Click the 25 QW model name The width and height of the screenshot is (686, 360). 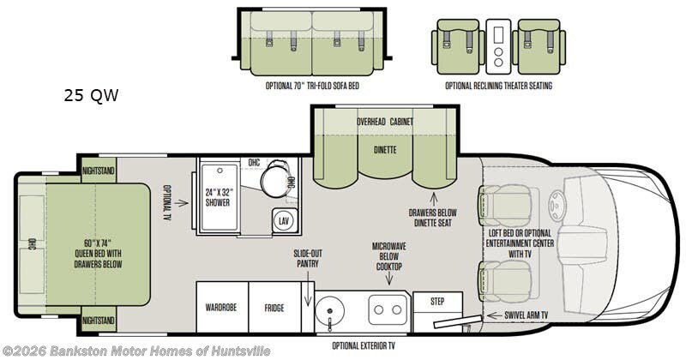click(91, 95)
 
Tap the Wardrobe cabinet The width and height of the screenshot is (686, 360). click(222, 307)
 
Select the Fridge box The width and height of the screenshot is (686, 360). click(274, 307)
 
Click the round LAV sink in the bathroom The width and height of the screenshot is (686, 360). click(284, 221)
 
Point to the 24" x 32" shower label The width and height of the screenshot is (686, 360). click(218, 197)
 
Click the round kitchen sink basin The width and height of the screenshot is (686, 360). click(329, 310)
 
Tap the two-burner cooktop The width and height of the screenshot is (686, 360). click(388, 309)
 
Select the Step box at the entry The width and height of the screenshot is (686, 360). click(437, 302)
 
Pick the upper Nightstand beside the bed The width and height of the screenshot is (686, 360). click(99, 171)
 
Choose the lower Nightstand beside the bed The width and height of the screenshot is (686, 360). click(99, 321)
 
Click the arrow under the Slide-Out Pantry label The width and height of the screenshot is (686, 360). click(308, 288)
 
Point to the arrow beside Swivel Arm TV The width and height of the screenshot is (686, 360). click(494, 315)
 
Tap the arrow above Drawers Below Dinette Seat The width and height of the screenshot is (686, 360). click(434, 199)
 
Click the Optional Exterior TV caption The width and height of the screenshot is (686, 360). click(364, 346)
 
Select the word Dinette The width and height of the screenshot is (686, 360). click(385, 150)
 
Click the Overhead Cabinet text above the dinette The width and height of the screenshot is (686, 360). click(384, 122)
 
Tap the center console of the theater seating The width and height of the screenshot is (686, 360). click(498, 46)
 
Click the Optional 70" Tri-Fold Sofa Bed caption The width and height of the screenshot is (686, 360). click(312, 86)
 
